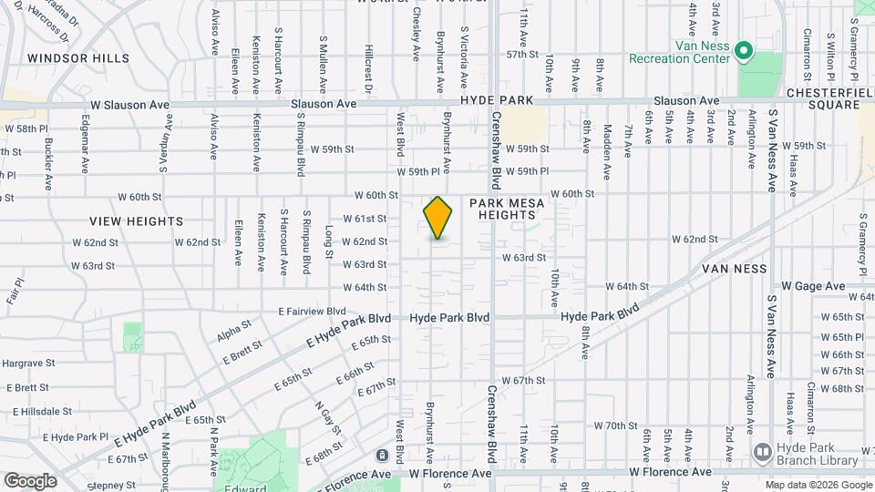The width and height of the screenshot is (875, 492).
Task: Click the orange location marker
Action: click(x=438, y=218)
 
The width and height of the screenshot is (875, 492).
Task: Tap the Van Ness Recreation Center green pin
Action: click(x=742, y=50)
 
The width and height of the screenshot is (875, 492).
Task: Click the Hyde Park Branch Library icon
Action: click(x=762, y=451)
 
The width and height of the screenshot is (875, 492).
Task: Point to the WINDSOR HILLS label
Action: click(x=78, y=57)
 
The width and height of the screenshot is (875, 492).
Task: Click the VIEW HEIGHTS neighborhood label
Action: click(x=137, y=221)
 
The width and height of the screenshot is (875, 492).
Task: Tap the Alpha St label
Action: click(x=234, y=326)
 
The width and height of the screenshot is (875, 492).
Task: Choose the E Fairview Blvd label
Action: click(x=312, y=311)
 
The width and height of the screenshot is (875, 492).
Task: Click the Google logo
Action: click(x=30, y=480)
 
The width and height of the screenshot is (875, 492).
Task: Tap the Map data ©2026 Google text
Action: click(x=818, y=485)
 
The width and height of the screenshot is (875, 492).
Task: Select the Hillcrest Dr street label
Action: click(x=368, y=68)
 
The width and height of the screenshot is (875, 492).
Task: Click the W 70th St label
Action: click(x=616, y=425)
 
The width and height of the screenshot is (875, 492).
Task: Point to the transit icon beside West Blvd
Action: click(x=381, y=455)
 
